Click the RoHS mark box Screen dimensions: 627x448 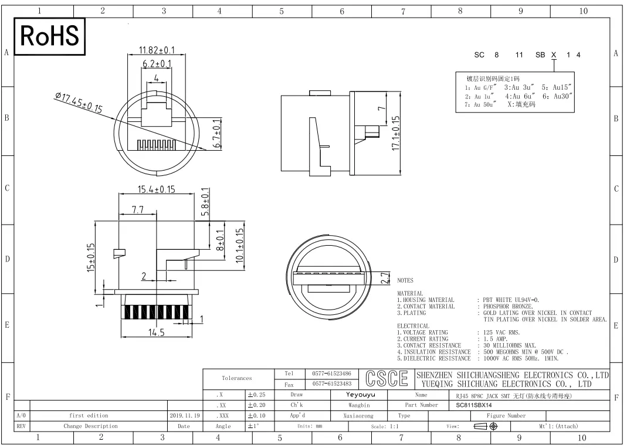(x=50, y=36)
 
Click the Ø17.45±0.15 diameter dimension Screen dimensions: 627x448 (x=79, y=102)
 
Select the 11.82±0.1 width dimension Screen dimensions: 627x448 (x=157, y=50)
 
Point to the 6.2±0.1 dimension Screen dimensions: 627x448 (x=157, y=63)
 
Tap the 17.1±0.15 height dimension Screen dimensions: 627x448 (x=395, y=133)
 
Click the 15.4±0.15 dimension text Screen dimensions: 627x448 (x=157, y=189)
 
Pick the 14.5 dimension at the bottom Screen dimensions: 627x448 (x=157, y=332)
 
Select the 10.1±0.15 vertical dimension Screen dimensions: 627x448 (x=239, y=245)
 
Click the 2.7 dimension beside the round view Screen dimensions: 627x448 (x=385, y=278)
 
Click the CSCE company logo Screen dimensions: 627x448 (x=387, y=378)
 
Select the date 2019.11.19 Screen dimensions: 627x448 (x=184, y=416)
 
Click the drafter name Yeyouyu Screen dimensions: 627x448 (x=361, y=395)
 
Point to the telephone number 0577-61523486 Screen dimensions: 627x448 (x=331, y=374)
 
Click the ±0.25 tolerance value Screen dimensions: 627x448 (x=256, y=395)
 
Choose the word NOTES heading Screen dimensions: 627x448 (x=405, y=280)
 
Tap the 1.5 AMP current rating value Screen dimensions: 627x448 (x=495, y=339)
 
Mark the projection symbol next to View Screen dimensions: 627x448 (x=486, y=426)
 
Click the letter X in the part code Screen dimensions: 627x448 (x=554, y=55)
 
